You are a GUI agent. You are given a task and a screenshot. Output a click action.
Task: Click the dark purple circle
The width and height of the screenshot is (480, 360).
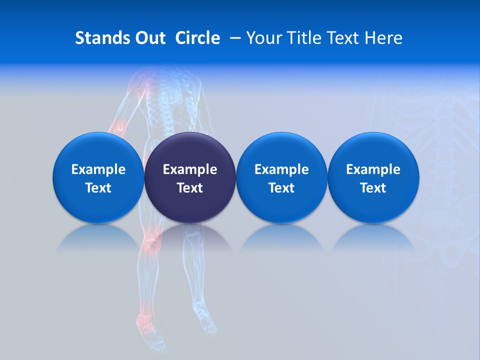[x=190, y=177]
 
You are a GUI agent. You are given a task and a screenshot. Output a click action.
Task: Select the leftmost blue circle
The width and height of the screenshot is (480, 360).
[x=98, y=177]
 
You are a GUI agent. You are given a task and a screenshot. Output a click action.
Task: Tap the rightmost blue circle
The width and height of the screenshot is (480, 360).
[x=373, y=177]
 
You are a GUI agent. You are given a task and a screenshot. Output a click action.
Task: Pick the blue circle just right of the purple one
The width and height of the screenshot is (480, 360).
[x=281, y=177]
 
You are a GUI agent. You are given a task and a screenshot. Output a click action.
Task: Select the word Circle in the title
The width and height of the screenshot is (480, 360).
[x=197, y=38]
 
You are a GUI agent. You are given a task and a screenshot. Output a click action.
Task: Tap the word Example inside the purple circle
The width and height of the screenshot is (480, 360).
[x=190, y=169]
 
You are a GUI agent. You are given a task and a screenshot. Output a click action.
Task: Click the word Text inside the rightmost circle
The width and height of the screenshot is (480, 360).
[x=373, y=188]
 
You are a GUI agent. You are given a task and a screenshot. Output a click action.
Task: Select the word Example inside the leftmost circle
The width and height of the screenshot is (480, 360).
[x=98, y=169]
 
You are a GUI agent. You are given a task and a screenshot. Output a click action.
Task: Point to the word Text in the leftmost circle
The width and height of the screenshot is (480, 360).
[x=98, y=188]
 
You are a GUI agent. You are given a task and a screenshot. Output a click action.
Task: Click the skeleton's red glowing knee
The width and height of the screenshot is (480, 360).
[x=151, y=244]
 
